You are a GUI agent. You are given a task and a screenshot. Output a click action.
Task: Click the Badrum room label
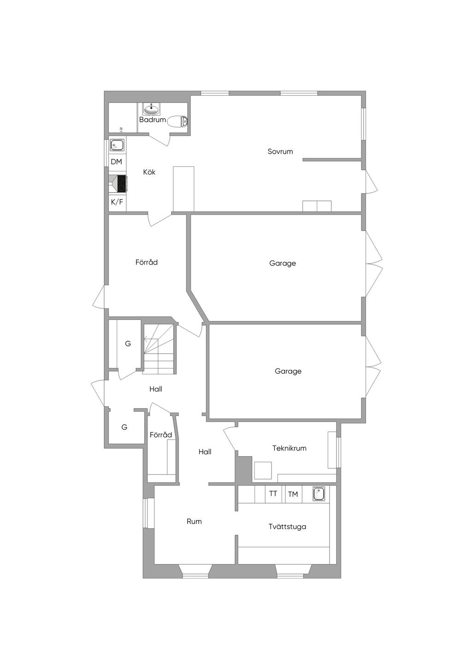(x=152, y=120)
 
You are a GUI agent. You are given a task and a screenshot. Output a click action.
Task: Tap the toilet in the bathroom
(x=178, y=121)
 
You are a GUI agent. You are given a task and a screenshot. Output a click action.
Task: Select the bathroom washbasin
(x=151, y=109)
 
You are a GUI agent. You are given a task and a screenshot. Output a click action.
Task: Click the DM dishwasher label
(x=116, y=162)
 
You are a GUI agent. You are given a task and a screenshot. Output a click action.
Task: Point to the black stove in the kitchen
(x=122, y=184)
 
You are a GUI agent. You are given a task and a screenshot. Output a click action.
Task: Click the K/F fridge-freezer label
(x=117, y=202)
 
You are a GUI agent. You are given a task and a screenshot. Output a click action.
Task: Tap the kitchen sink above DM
(x=117, y=145)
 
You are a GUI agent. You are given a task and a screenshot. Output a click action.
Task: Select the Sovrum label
(x=280, y=151)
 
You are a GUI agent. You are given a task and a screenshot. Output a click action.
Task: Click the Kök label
(x=149, y=172)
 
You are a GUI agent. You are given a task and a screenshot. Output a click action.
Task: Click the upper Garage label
(x=282, y=263)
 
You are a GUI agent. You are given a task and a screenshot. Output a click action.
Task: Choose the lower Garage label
(x=288, y=371)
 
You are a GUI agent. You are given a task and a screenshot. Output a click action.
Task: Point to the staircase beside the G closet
(x=159, y=349)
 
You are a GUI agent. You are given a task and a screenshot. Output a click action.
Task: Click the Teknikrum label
(x=289, y=448)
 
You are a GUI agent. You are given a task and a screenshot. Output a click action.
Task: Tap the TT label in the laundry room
(x=273, y=494)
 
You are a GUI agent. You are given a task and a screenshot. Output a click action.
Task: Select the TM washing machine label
(x=293, y=494)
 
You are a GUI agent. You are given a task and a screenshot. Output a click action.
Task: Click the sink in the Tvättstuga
(x=319, y=494)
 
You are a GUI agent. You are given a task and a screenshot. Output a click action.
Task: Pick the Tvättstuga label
(x=287, y=526)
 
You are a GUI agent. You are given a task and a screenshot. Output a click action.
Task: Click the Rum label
(x=194, y=521)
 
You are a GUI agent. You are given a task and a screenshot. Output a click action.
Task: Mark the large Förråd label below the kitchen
(x=146, y=262)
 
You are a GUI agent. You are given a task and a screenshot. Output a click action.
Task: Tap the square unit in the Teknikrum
(x=263, y=470)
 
